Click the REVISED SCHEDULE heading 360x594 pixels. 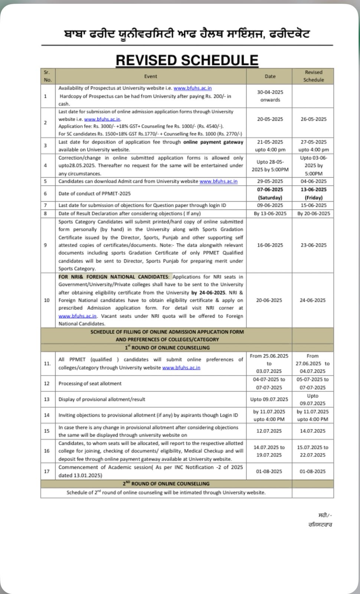pyautogui.click(x=187, y=60)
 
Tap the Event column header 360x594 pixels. pyautogui.click(x=150, y=76)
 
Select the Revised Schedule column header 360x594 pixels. pyautogui.click(x=313, y=76)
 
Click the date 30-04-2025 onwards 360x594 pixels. pyautogui.click(x=270, y=96)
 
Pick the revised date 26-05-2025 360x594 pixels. pyautogui.click(x=313, y=119)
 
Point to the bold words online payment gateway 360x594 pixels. pyautogui.click(x=213, y=142)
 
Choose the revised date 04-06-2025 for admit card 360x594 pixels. pyautogui.click(x=313, y=181)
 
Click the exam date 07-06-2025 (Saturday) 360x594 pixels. pyautogui.click(x=270, y=193)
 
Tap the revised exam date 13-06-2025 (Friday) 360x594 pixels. pyautogui.click(x=313, y=193)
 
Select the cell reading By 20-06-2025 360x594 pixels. pyautogui.click(x=313, y=213)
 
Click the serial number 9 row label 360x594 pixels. pyautogui.click(x=45, y=245)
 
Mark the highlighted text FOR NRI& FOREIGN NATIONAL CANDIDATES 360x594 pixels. pyautogui.click(x=113, y=277)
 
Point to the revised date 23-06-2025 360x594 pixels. pyautogui.click(x=313, y=245)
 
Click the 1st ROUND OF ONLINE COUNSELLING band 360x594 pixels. pyautogui.click(x=167, y=348)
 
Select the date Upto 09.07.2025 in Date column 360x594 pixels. pyautogui.click(x=269, y=399)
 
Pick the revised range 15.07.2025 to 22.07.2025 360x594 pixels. pyautogui.click(x=313, y=451)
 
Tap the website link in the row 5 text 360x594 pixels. pyautogui.click(x=218, y=181)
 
